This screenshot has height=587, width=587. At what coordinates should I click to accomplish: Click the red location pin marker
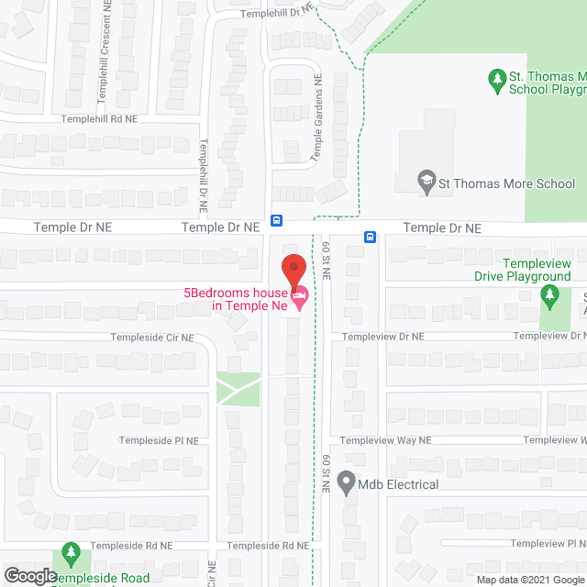coord(293,270)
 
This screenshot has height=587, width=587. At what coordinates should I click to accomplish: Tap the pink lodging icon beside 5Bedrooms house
coord(299,296)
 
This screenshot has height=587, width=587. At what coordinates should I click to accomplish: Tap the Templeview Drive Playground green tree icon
coord(549,294)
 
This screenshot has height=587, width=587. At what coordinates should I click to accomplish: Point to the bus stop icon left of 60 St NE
coord(276,220)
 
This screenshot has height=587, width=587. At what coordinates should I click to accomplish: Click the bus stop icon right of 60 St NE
coord(370,236)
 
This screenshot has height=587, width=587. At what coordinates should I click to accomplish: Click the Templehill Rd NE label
coord(99,119)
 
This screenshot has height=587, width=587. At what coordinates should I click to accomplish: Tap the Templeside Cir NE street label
coord(152,338)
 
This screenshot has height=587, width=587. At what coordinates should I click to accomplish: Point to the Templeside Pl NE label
coord(159,440)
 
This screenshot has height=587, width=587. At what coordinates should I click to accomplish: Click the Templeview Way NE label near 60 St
coord(385,440)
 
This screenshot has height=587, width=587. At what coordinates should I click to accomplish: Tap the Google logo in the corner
coord(28,576)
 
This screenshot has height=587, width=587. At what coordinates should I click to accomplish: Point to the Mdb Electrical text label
coord(399,483)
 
